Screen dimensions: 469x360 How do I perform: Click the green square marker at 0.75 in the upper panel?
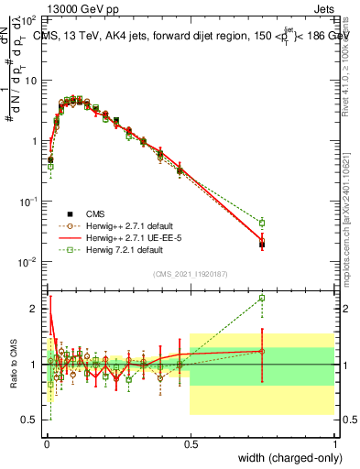262,223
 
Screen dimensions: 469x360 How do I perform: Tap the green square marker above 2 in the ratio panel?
262,298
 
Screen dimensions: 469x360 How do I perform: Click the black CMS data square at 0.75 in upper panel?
262,245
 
